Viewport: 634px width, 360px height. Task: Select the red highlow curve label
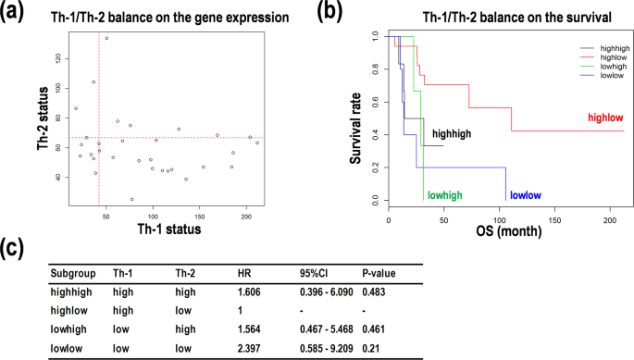606,118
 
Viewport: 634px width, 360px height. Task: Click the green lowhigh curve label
444,195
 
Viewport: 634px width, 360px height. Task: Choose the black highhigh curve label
452,133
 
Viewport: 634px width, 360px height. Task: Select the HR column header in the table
243,274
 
